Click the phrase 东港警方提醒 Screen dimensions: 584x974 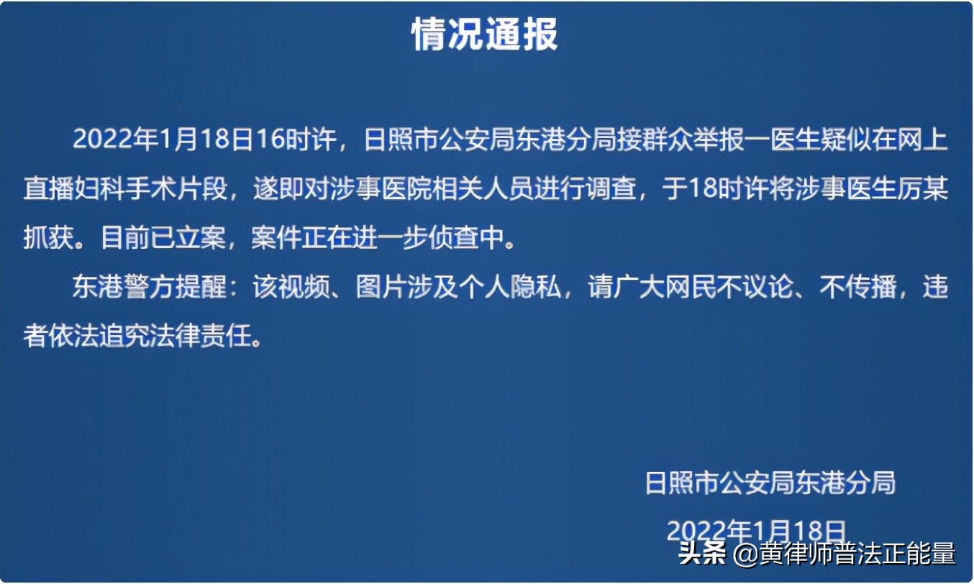147,288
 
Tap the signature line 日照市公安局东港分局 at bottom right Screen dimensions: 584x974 770,483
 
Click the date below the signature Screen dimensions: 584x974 755,531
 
